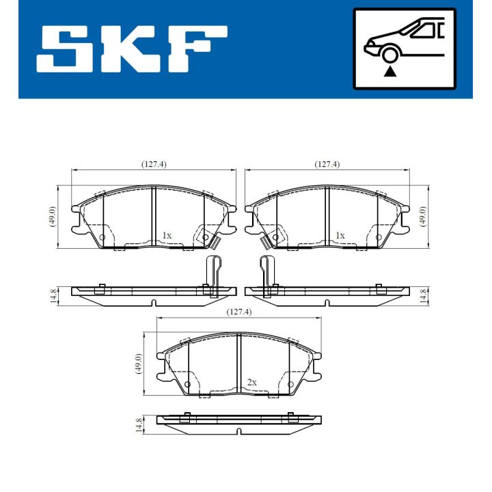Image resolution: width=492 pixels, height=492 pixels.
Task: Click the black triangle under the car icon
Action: (x=390, y=70)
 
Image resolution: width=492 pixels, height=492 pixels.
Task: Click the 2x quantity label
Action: (x=252, y=382)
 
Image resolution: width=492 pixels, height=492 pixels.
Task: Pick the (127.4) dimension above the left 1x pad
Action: (x=154, y=164)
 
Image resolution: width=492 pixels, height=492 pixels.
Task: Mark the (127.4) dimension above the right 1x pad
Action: (x=327, y=164)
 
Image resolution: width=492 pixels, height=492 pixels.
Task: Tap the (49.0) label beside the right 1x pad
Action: (x=424, y=217)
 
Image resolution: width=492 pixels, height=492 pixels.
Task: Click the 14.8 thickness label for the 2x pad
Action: (x=139, y=426)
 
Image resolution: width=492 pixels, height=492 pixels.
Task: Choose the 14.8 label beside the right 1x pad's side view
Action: (x=424, y=296)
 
